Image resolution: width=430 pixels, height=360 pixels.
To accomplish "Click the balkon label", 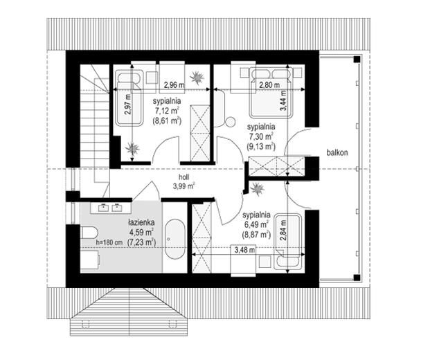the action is click(x=337, y=152).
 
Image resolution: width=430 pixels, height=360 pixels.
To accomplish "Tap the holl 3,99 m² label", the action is click(x=183, y=182).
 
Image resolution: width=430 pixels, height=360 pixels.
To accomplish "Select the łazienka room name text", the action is click(x=141, y=222).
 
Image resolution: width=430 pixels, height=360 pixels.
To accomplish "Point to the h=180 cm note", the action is click(x=109, y=242).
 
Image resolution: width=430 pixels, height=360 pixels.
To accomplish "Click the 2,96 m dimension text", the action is click(x=174, y=85).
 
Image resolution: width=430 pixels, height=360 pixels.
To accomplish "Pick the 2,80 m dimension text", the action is click(x=269, y=85).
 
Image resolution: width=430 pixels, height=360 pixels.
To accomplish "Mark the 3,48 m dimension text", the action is click(x=244, y=250).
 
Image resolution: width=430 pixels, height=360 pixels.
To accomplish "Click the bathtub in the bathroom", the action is click(x=175, y=239).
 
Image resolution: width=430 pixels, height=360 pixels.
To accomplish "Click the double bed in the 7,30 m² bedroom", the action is click(x=269, y=93).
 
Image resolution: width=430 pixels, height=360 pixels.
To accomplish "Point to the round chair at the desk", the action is click(x=230, y=122).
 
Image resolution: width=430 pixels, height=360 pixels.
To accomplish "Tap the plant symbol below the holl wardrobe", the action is click(x=257, y=189).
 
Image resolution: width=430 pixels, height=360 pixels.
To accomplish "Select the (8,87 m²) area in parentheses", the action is click(x=256, y=235).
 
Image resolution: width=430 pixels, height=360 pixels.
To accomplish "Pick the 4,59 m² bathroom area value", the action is click(x=141, y=232).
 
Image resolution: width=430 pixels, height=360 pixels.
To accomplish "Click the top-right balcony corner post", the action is click(x=357, y=59).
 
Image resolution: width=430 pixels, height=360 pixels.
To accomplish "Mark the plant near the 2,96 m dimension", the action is click(x=197, y=77).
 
